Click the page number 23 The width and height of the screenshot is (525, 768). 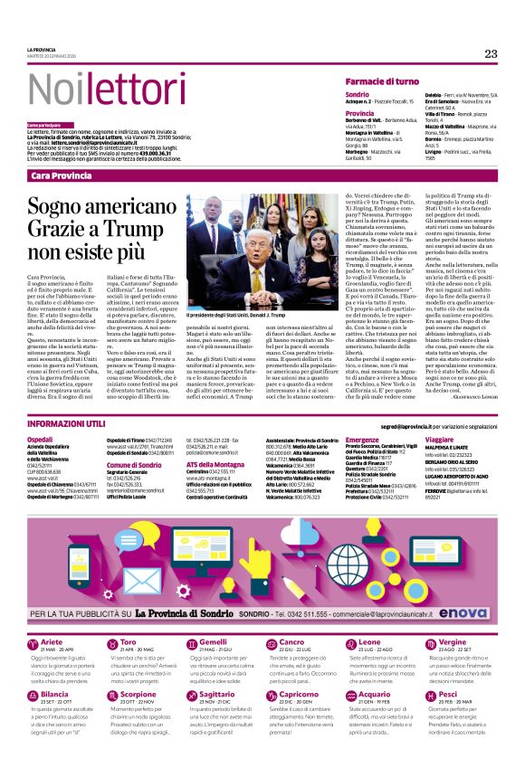[491, 53]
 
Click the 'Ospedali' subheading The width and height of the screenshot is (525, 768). [41, 438]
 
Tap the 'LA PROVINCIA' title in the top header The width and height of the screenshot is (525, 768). [43, 49]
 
